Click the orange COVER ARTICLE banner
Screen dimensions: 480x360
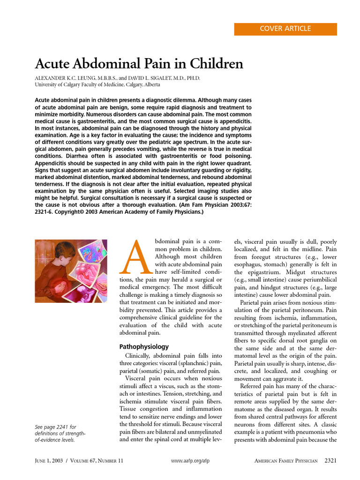tap(285, 29)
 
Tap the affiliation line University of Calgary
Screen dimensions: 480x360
tap(97, 85)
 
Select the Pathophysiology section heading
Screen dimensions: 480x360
tap(144, 347)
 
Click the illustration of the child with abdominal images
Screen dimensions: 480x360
tap(71, 271)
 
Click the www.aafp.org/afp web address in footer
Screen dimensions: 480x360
tap(190, 461)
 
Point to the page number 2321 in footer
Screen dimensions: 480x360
tap(330, 461)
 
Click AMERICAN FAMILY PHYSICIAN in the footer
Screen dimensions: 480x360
tap(286, 461)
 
